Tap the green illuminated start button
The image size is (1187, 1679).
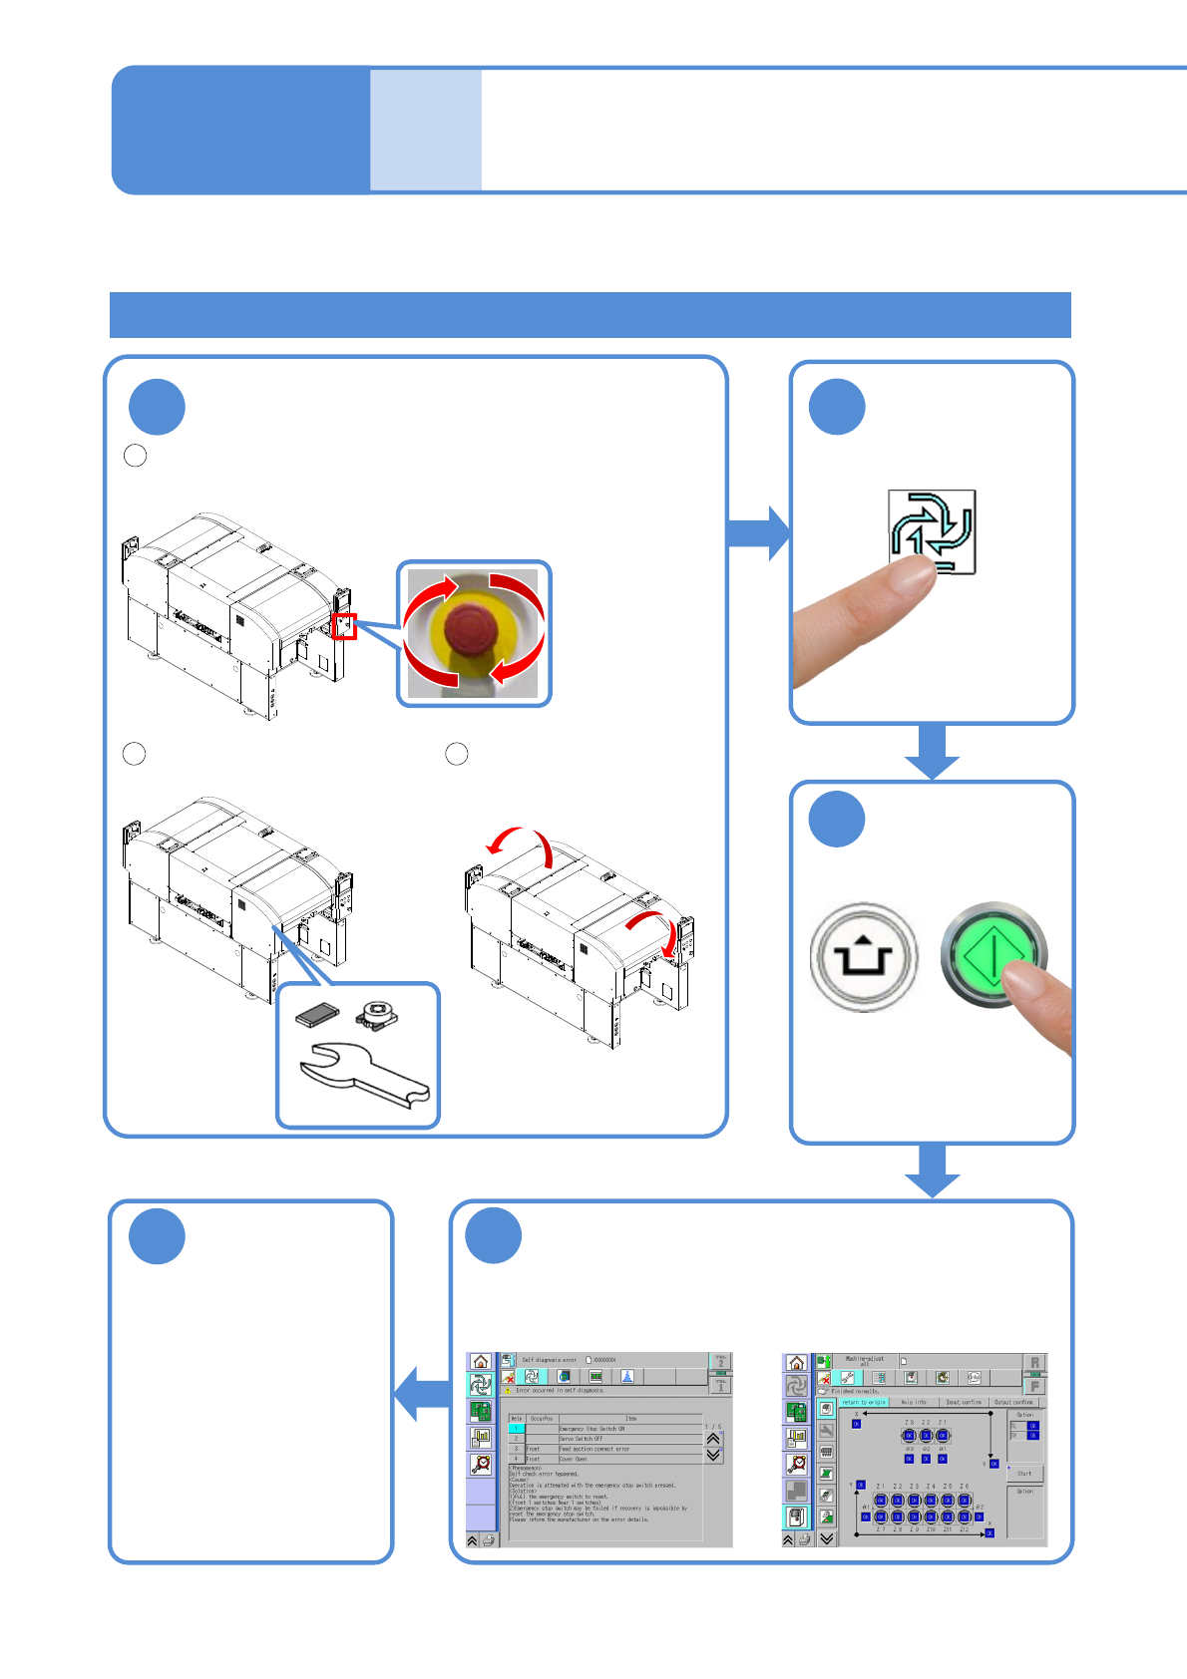[x=993, y=954]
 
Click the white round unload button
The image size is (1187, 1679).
[x=863, y=957]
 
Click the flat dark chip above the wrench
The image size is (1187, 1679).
[x=318, y=1014]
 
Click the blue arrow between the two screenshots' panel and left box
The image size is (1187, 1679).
[x=423, y=1393]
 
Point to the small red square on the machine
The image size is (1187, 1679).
[x=345, y=626]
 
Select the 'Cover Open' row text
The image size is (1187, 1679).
[x=574, y=1459]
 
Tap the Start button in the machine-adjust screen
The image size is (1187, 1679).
[x=1024, y=1473]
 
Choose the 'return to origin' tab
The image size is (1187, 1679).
[x=863, y=1402]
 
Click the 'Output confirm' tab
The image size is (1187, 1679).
[x=1014, y=1402]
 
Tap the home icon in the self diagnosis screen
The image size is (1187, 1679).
[x=481, y=1362]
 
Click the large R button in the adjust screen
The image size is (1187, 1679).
[x=1034, y=1363]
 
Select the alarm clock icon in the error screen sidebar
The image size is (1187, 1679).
[x=481, y=1464]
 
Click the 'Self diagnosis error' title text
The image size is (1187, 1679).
[x=550, y=1360]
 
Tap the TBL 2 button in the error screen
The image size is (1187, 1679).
[x=720, y=1361]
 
